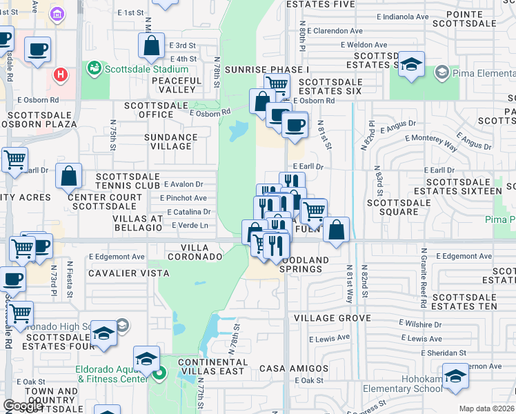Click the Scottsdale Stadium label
146,69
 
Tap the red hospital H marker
61,74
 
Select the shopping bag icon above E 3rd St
152,46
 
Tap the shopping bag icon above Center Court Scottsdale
69,177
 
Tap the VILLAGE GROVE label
332,318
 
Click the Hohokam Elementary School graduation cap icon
455,376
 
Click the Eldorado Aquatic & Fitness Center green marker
160,375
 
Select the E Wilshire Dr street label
421,324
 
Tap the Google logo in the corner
22,406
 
